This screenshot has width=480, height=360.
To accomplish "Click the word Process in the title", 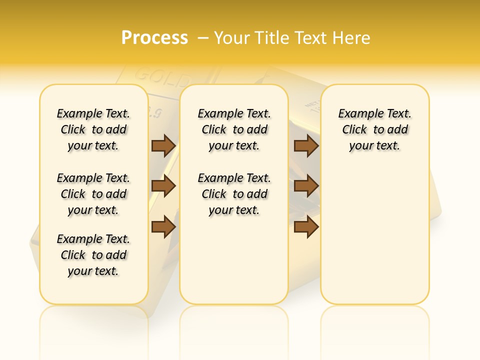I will (154, 38).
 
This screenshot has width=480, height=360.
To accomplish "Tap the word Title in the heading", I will (272, 38).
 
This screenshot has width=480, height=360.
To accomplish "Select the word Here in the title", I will (352, 38).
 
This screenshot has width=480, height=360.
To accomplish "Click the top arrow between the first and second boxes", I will (163, 145).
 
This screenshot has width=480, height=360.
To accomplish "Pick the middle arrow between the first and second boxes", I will (163, 186).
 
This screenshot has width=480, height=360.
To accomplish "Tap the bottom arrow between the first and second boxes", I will (163, 227).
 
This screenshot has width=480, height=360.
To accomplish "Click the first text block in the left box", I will (93, 129).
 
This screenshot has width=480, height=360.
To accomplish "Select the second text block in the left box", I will (93, 194).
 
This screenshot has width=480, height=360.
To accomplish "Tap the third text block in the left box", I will (93, 255).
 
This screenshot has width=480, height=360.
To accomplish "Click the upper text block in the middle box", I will (234, 129).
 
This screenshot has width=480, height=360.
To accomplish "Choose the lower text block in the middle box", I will (234, 194).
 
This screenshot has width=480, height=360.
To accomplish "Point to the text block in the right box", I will (375, 129).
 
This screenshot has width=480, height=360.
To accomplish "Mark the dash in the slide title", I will (203, 38).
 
